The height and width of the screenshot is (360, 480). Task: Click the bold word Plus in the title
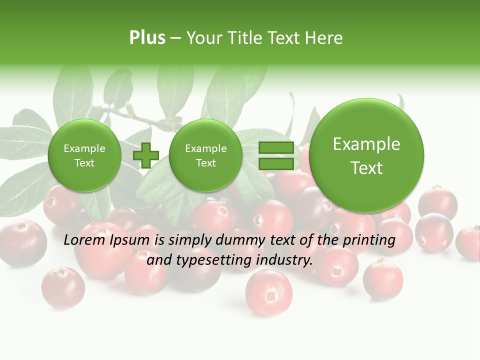(x=147, y=37)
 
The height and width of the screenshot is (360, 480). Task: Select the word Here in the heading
(x=324, y=37)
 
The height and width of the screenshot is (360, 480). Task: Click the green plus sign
(x=145, y=155)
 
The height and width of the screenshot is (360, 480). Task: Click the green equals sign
(x=276, y=155)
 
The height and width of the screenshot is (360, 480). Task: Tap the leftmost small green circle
(x=84, y=155)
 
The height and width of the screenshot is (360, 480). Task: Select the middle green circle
(x=205, y=155)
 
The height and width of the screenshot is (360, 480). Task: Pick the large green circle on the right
(x=366, y=155)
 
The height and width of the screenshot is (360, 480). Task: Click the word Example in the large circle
(x=366, y=144)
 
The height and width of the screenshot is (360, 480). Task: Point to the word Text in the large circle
(x=366, y=168)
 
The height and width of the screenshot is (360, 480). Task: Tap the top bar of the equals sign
(x=276, y=148)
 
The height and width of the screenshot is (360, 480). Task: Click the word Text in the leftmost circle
(x=84, y=163)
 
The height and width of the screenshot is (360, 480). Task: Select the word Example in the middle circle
(x=205, y=148)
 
